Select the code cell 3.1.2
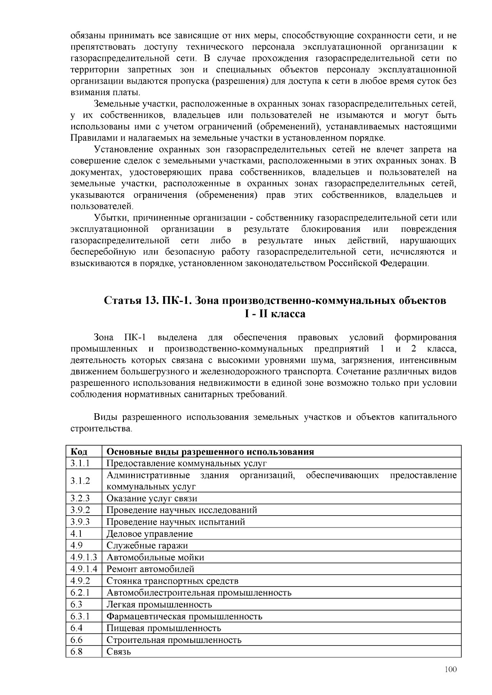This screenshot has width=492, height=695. (80, 481)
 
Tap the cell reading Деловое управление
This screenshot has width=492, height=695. (149, 534)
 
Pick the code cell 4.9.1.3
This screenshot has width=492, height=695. (84, 557)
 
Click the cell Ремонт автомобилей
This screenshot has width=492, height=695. (150, 569)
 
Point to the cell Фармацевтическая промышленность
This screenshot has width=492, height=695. (184, 616)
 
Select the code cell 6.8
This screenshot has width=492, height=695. (76, 652)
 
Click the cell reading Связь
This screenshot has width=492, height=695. (118, 652)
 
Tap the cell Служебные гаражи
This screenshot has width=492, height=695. (147, 546)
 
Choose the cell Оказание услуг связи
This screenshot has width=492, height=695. (152, 498)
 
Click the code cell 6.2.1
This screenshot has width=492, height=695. (80, 593)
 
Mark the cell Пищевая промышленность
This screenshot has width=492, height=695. (164, 628)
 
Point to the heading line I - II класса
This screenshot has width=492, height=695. (275, 314)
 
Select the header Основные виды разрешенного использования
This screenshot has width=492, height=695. (210, 452)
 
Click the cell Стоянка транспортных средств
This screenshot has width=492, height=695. (172, 581)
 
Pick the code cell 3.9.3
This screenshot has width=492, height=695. (80, 522)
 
